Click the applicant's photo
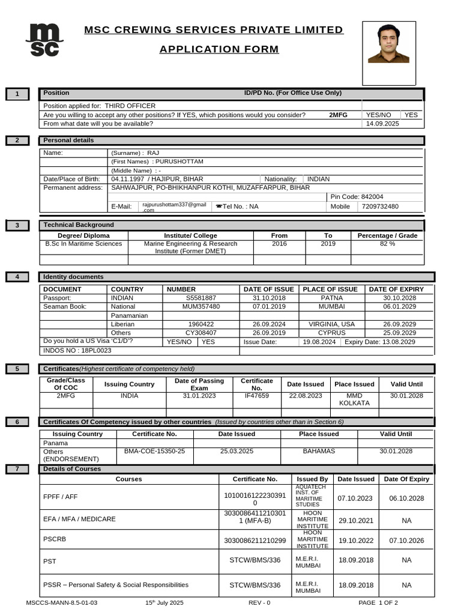[388, 45]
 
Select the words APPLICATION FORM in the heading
[219, 49]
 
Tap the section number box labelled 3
[18, 226]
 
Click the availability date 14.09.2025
[382, 124]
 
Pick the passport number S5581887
[201, 298]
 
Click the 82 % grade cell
[387, 244]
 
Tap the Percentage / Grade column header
[387, 236]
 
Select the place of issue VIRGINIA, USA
[331, 324]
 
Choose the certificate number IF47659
[256, 396]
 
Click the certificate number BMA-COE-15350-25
[154, 451]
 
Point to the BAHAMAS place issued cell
[319, 451]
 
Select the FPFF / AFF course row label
[61, 497]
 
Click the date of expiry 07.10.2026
[406, 541]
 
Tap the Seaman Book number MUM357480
[201, 306]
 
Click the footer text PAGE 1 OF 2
[378, 602]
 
